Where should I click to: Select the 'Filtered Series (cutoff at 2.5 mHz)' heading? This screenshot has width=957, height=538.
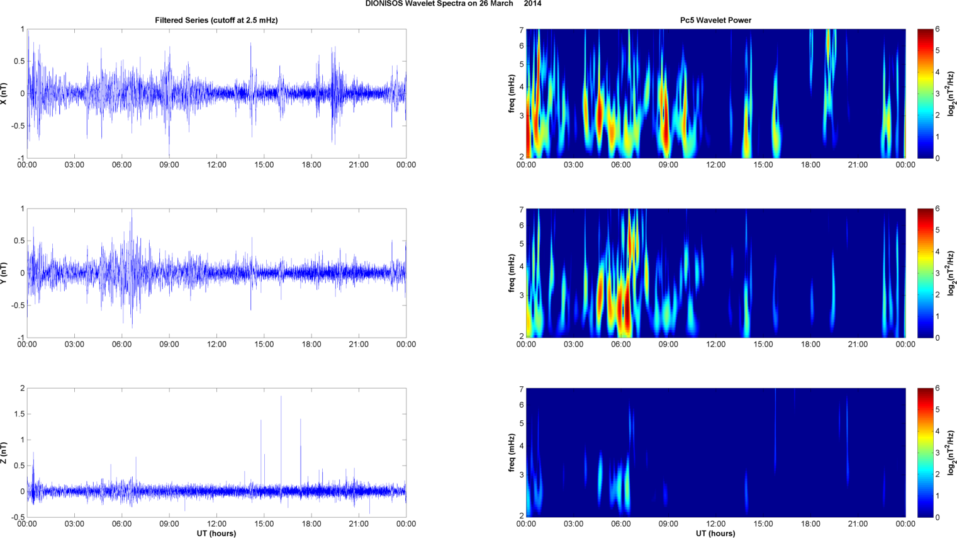[216, 20]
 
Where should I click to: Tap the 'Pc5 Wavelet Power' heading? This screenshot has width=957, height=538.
[715, 20]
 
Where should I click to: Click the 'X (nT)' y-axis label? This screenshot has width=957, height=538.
[5, 93]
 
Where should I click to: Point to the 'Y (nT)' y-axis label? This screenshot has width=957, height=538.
[5, 273]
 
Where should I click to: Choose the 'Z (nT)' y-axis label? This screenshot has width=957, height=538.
[5, 452]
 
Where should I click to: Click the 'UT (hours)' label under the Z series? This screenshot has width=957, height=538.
[216, 533]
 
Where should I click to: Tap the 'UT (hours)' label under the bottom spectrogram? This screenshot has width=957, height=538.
[715, 533]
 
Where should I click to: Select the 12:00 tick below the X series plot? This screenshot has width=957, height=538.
[216, 165]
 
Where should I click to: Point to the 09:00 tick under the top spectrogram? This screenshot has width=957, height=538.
[668, 165]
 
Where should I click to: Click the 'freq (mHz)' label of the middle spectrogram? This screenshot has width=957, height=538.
[512, 273]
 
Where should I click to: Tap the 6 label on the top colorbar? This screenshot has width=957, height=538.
[937, 30]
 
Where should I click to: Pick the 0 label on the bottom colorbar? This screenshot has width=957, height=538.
[937, 517]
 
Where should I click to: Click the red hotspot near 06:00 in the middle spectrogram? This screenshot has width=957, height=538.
[623, 309]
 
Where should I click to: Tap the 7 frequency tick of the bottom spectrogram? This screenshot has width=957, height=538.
[521, 389]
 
